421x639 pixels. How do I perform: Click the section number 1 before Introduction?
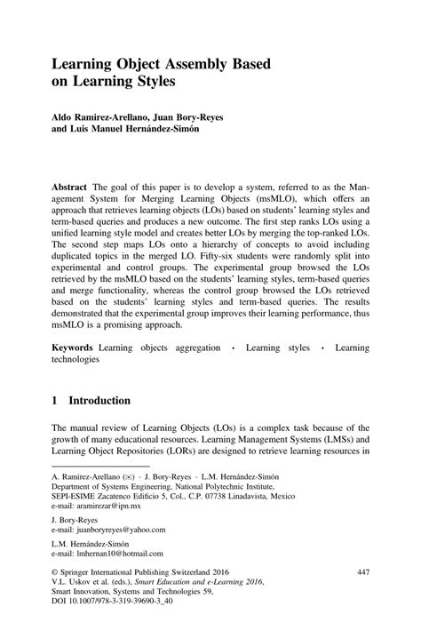(55, 401)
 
